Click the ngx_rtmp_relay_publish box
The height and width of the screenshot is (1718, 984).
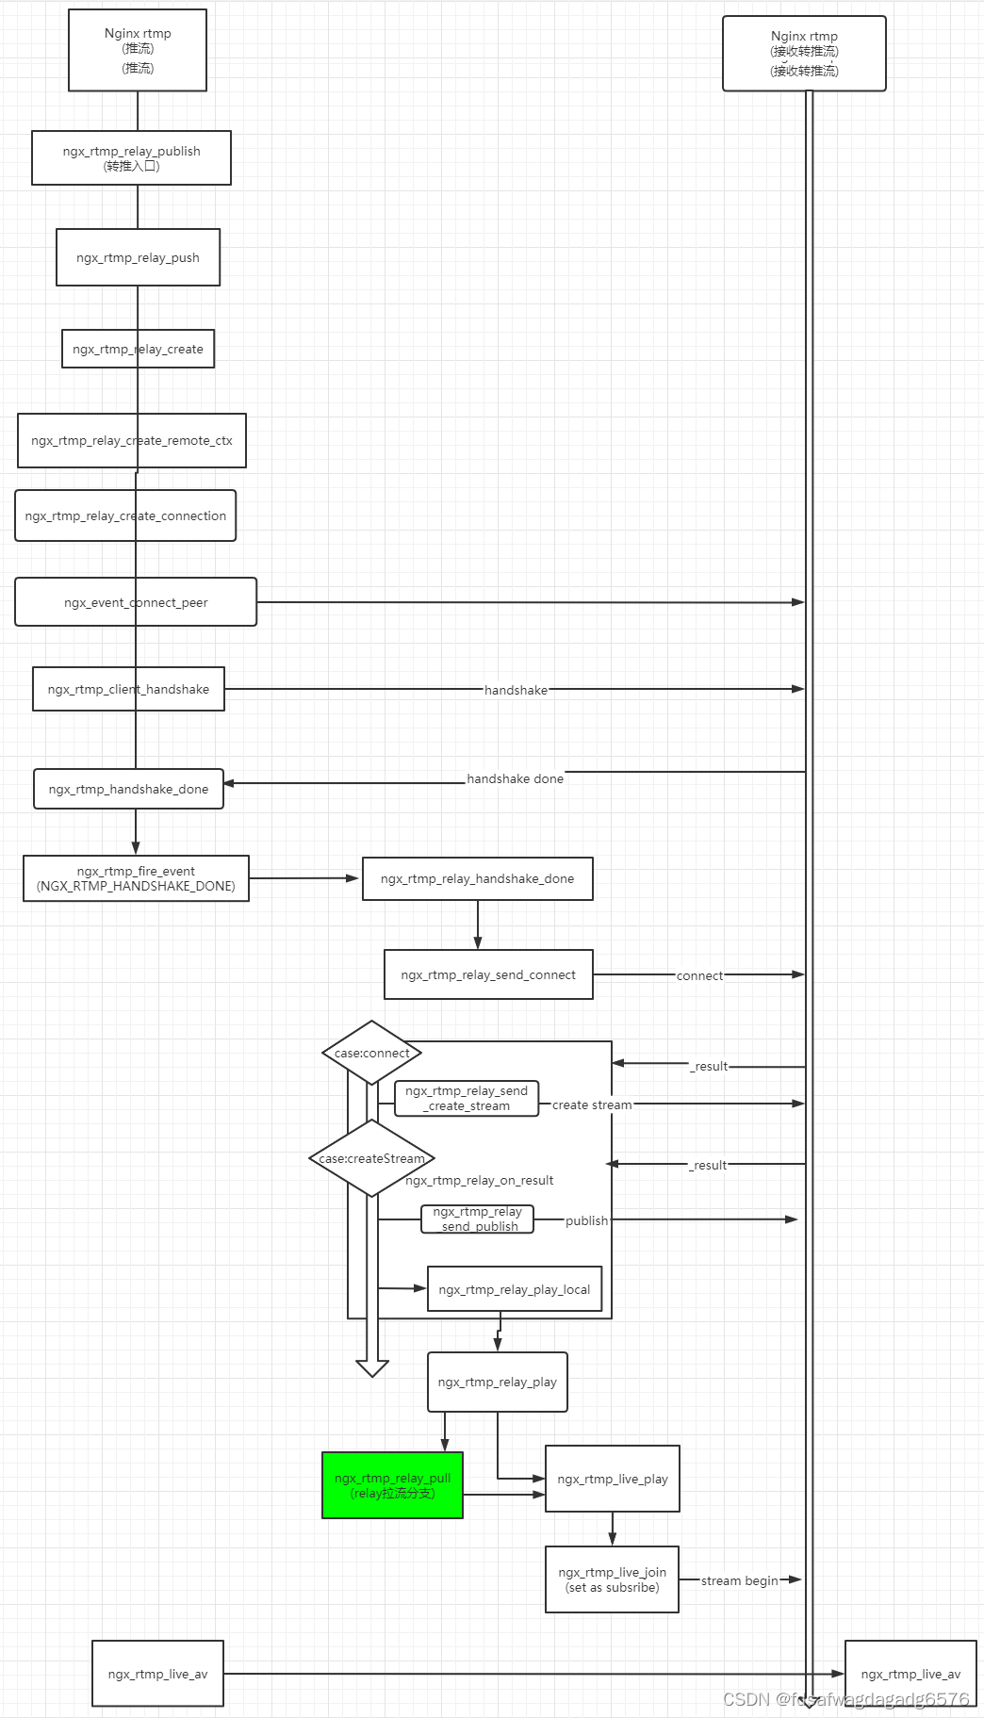tap(131, 157)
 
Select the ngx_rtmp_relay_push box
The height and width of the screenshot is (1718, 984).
tap(138, 257)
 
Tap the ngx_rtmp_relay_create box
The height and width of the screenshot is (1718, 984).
tap(138, 349)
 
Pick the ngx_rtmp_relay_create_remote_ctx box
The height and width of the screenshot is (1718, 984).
tap(131, 440)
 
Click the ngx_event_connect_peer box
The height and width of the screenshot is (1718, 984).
tap(136, 602)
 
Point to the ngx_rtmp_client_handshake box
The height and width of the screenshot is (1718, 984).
tap(128, 689)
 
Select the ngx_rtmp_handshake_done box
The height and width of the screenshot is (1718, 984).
tap(128, 789)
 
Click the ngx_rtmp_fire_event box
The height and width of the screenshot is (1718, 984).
tap(136, 878)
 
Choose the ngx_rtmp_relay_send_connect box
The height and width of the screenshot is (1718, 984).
tap(488, 974)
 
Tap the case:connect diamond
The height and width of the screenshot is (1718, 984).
tap(371, 1053)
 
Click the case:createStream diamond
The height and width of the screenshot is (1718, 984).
tap(371, 1158)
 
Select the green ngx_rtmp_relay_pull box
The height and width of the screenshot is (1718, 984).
tap(392, 1485)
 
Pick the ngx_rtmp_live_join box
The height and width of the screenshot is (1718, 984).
tap(612, 1579)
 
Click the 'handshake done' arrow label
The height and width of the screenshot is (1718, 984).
tap(515, 778)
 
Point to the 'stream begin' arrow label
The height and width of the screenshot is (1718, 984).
tap(739, 1580)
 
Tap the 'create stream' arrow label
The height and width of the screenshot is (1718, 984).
tap(591, 1104)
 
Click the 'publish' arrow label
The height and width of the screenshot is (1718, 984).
tap(586, 1220)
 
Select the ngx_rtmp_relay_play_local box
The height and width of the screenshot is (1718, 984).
tap(514, 1289)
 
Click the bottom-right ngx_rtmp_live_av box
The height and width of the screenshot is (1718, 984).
tap(910, 1674)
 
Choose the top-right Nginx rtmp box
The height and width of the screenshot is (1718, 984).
tap(804, 53)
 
